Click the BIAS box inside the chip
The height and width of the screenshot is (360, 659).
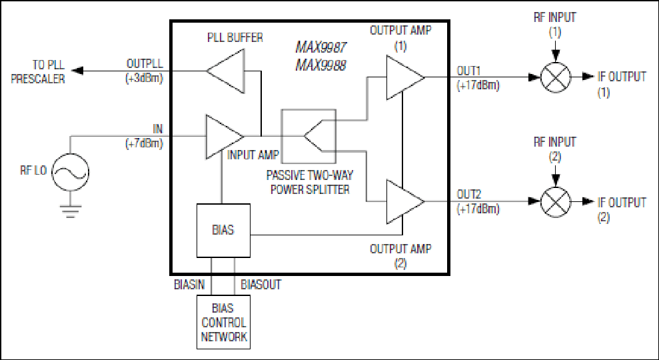(224, 231)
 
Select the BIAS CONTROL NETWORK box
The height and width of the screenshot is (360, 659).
(224, 322)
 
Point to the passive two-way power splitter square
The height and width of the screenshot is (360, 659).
(309, 136)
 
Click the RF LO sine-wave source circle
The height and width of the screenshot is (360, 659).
(70, 172)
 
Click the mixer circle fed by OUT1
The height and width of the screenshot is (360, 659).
(555, 77)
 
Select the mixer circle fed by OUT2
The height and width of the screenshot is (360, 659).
(555, 202)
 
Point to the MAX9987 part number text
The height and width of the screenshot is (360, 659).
(321, 47)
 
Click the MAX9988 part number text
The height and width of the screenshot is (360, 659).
(321, 65)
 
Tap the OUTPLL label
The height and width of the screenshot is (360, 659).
(145, 63)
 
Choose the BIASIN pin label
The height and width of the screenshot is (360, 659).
(189, 285)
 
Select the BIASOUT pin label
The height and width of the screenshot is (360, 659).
(261, 285)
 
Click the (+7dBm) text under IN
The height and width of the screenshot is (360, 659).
(144, 143)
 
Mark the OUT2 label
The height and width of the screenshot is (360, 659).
(469, 194)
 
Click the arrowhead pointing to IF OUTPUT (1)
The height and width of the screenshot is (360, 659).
(588, 77)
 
